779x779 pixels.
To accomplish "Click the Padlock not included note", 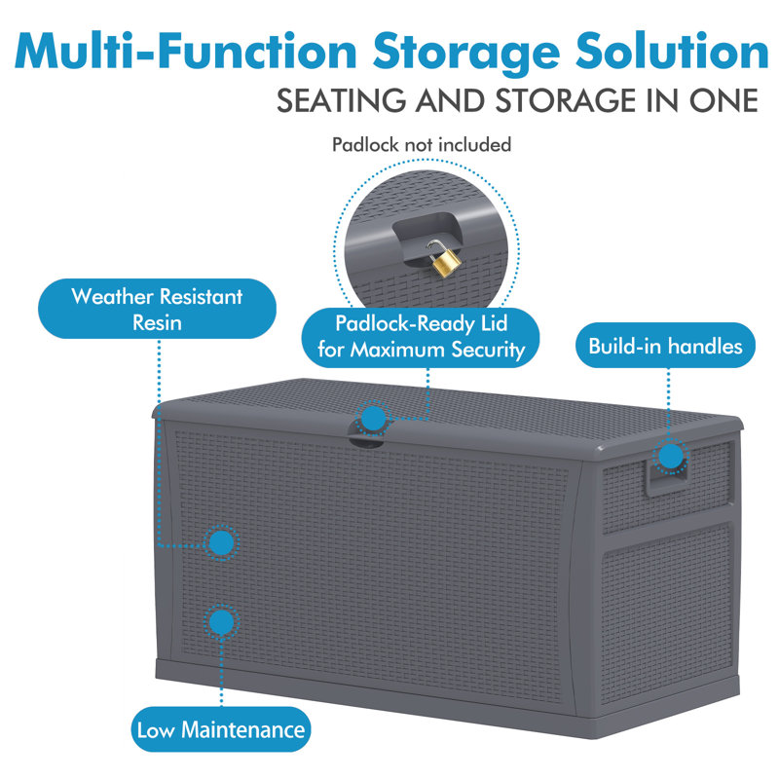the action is click(422, 144).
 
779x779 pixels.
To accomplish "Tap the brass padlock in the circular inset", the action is click(444, 259).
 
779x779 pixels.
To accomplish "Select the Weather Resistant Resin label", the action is click(157, 309).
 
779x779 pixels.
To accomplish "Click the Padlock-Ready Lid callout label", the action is click(421, 337).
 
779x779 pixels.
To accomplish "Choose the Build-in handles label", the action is click(665, 346).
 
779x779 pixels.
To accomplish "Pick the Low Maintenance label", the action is click(221, 729).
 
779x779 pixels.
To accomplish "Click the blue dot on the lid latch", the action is click(373, 419).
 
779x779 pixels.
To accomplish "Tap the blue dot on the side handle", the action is click(671, 456).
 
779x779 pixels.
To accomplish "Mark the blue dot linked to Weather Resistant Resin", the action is click(221, 542).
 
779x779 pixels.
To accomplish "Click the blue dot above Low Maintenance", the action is click(221, 621).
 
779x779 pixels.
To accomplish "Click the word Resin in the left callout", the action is click(157, 323).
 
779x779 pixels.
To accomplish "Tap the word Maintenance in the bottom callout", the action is click(242, 729).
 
